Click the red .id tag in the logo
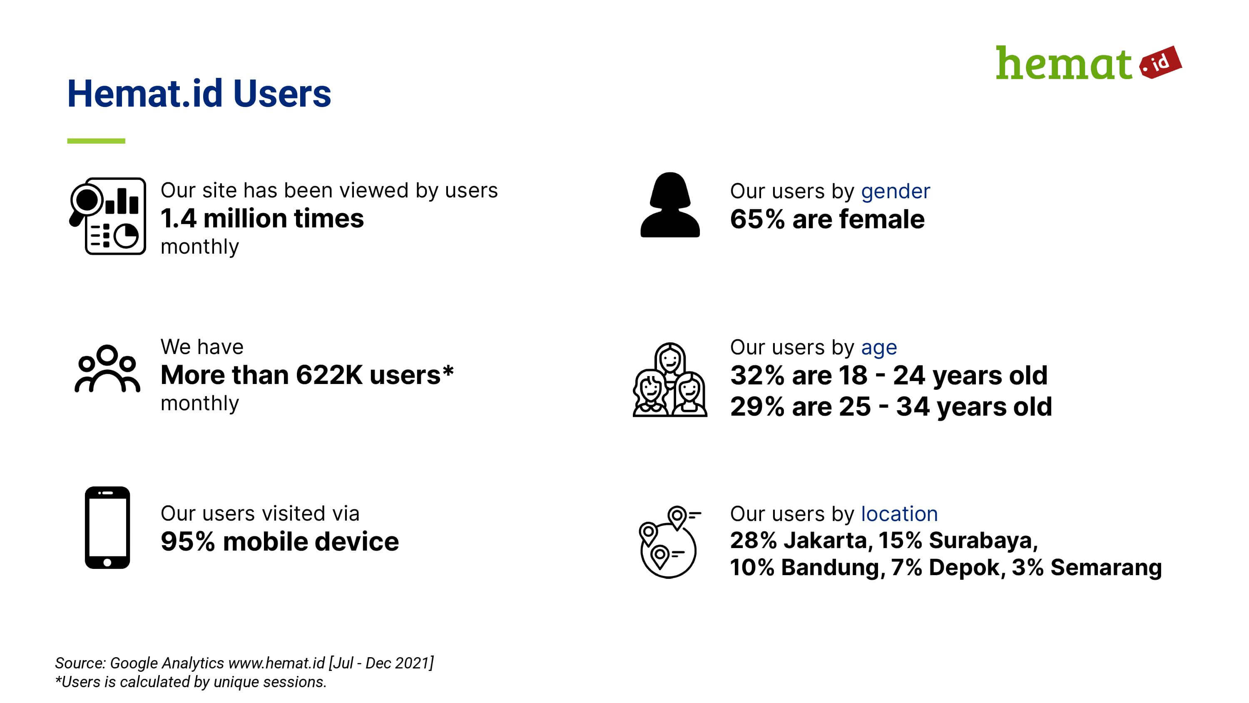click(x=1160, y=62)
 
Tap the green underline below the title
click(x=96, y=141)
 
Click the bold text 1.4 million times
click(x=262, y=218)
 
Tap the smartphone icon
click(x=107, y=527)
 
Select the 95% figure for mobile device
click(x=188, y=541)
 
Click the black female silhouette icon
click(x=670, y=205)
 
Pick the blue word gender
click(x=896, y=192)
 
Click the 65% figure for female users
click(x=757, y=219)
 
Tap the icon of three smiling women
click(x=670, y=379)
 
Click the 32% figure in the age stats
click(x=757, y=376)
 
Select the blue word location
click(x=899, y=514)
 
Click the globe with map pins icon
click(x=669, y=542)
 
